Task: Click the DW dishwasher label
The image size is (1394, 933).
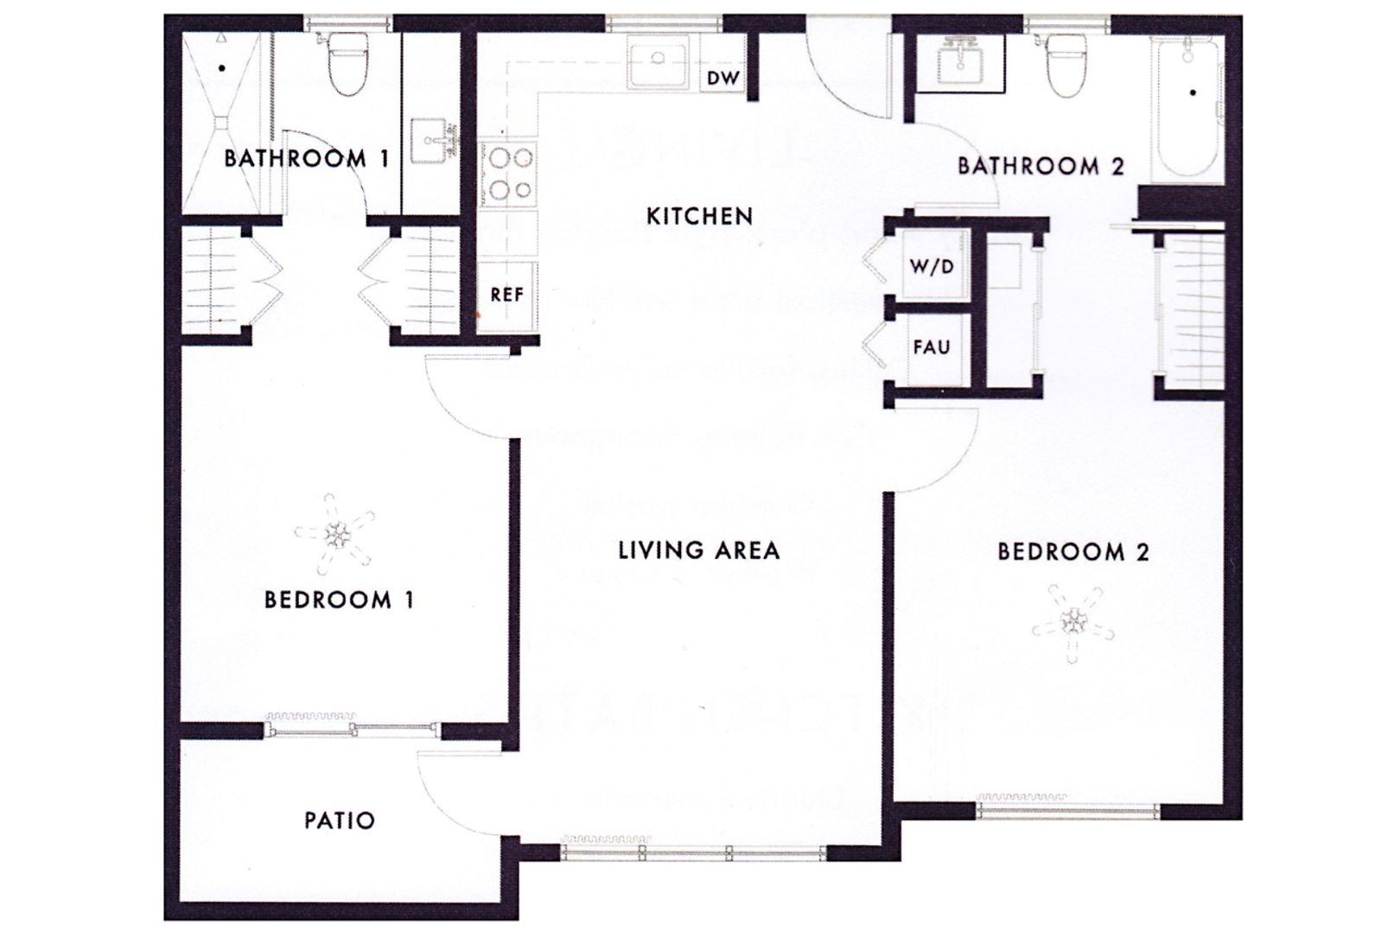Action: (x=723, y=79)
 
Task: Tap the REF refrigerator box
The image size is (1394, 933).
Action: (x=507, y=295)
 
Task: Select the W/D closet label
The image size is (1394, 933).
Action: (x=932, y=267)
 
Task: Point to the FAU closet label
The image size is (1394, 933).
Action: (x=932, y=348)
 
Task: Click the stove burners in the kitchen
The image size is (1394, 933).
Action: (x=510, y=174)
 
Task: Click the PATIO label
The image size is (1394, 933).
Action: (x=340, y=820)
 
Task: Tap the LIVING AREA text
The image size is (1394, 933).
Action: (x=698, y=550)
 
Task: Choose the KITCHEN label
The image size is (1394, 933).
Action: (x=699, y=216)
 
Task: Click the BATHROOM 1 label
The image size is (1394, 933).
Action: (x=306, y=159)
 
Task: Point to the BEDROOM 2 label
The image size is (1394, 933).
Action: (x=1073, y=552)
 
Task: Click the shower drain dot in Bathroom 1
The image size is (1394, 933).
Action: (x=222, y=67)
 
